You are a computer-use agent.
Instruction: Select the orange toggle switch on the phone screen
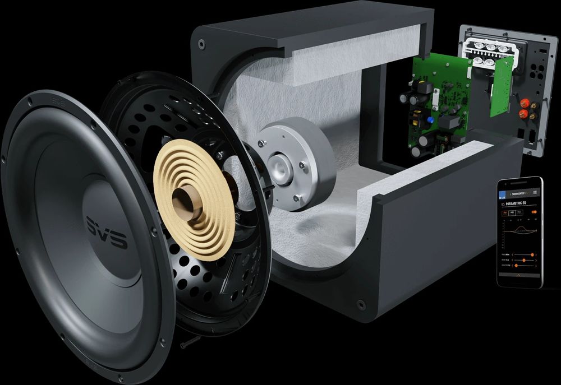point(534,212)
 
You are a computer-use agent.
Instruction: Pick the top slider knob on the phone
point(524,255)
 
